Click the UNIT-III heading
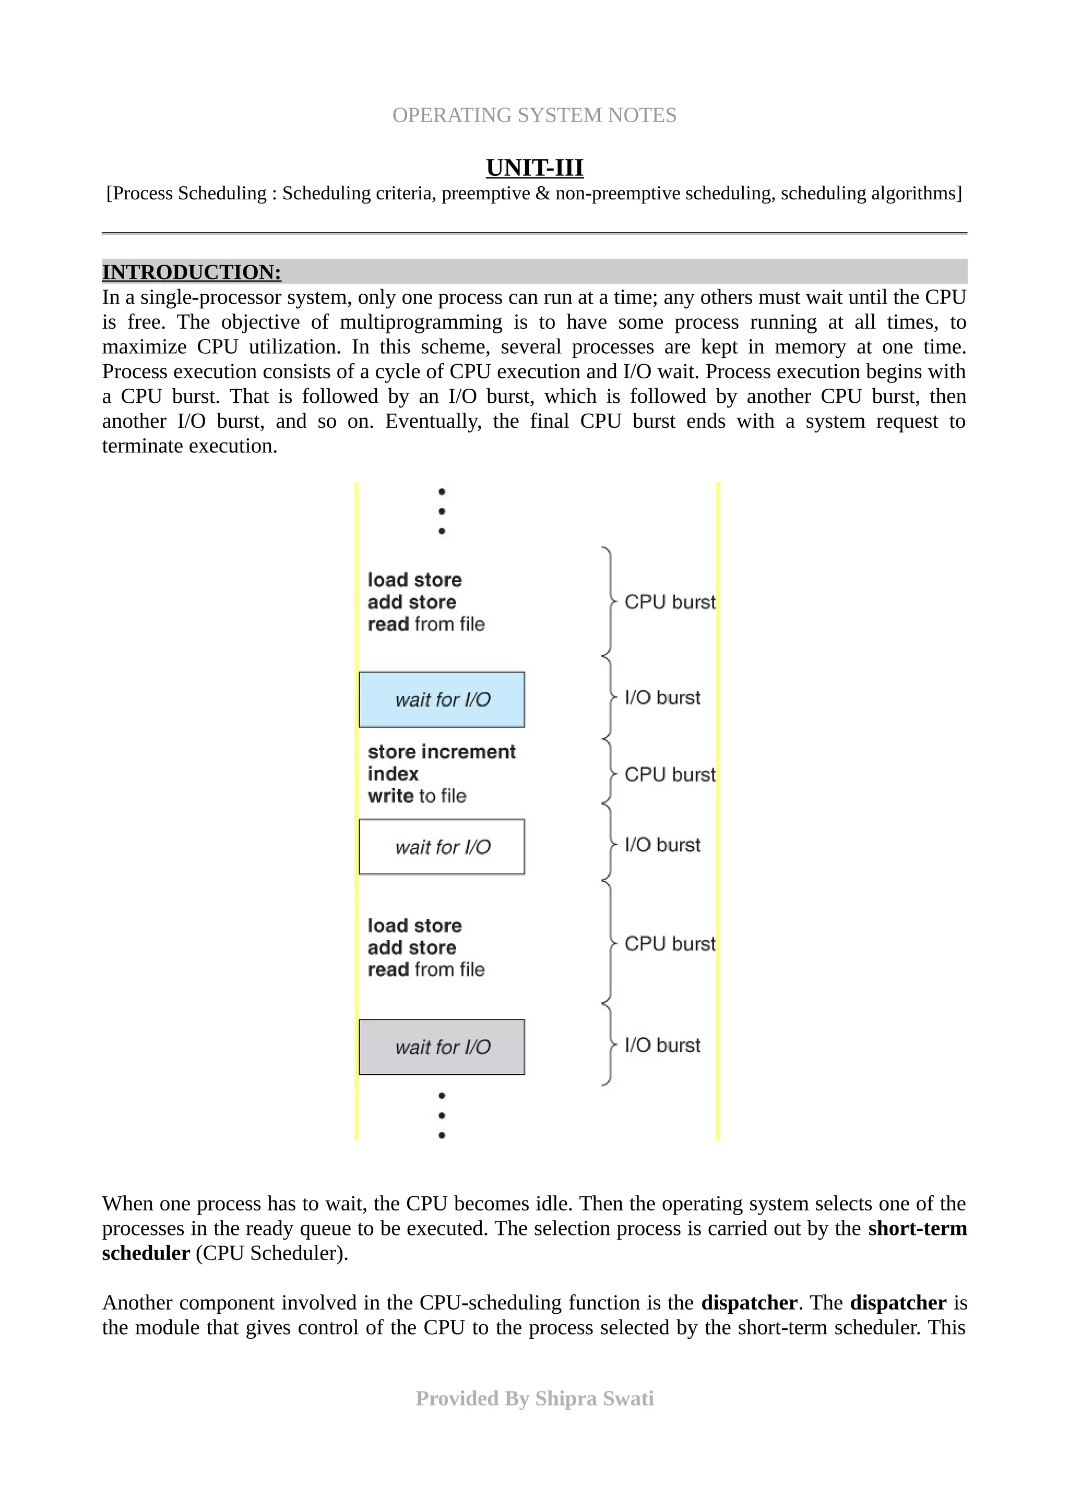[x=534, y=168]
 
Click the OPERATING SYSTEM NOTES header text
[x=534, y=115]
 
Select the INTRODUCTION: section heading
[x=192, y=272]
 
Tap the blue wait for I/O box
[x=441, y=699]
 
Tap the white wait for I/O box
[x=441, y=847]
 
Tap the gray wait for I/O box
[x=441, y=1047]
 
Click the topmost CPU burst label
[x=669, y=602]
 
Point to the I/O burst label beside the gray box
[x=662, y=1045]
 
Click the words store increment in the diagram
[x=441, y=752]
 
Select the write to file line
[x=417, y=796]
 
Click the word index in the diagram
[x=393, y=774]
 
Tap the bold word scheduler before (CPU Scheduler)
[x=146, y=1253]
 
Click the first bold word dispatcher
[x=749, y=1303]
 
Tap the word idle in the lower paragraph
[x=553, y=1204]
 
